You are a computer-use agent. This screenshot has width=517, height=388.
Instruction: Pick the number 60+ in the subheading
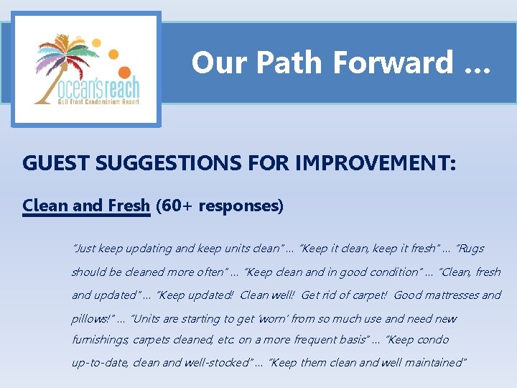coord(177,206)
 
